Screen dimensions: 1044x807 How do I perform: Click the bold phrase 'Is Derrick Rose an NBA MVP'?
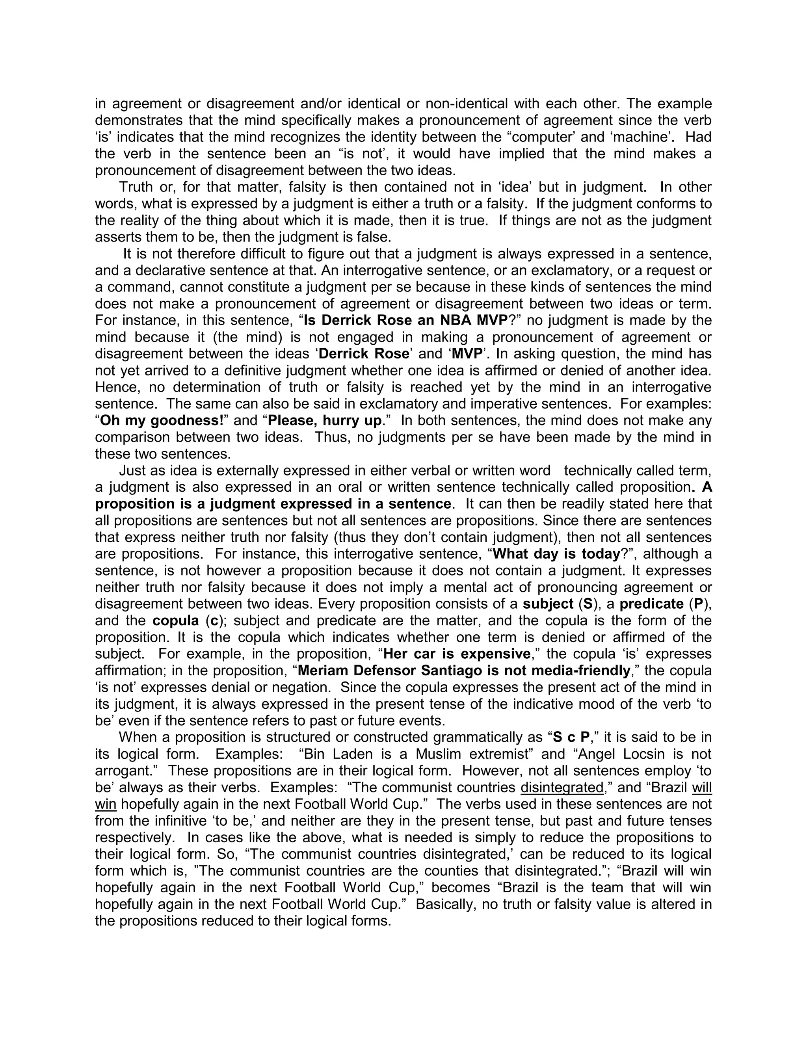[x=405, y=320]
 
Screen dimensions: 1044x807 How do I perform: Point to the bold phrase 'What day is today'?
[x=556, y=554]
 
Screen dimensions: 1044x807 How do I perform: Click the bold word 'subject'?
[x=548, y=604]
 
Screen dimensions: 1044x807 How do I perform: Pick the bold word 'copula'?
[x=176, y=620]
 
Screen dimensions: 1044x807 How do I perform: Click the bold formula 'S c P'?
[x=571, y=737]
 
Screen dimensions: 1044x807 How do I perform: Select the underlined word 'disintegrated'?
[x=562, y=787]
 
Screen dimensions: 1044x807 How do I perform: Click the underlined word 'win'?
[x=106, y=804]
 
